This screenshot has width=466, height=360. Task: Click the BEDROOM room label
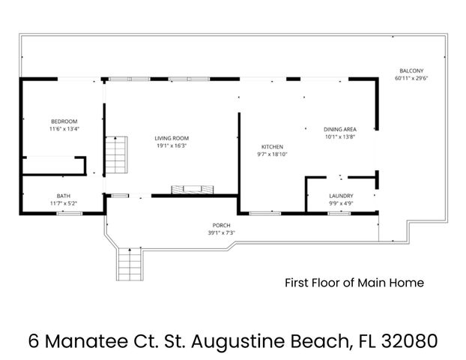tap(64, 121)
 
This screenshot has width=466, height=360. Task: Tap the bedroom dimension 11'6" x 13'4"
tap(64, 129)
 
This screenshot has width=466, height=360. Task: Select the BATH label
tap(64, 196)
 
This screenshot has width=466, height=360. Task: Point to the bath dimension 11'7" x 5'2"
tap(64, 203)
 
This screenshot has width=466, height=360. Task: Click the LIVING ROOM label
tap(172, 139)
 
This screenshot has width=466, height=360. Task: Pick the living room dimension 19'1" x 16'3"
tap(172, 146)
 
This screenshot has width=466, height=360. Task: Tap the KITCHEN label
tap(271, 146)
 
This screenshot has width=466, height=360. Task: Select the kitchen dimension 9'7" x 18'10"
tap(271, 154)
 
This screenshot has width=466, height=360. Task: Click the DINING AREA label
tap(339, 129)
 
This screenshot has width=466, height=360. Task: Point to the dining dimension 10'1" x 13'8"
tap(339, 136)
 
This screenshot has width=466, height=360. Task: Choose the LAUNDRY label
tap(341, 196)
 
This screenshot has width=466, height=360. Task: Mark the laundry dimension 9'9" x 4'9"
tap(341, 203)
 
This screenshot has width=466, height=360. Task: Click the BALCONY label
tap(411, 70)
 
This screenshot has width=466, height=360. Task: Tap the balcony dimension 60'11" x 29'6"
tap(411, 78)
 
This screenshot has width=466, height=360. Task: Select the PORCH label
tap(220, 225)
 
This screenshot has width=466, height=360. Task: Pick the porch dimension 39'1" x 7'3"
tap(220, 232)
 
